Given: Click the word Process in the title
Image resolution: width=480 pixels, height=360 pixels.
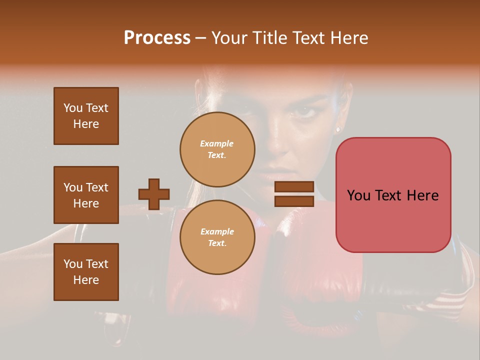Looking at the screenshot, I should [157, 38].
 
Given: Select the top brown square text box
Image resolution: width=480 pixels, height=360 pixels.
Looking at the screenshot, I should [86, 116].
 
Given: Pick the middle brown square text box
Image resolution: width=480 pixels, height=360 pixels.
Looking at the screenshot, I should [86, 195].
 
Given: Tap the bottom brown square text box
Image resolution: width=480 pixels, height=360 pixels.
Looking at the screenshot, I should [86, 271].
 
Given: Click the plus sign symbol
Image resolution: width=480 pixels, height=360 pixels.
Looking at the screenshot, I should [154, 194].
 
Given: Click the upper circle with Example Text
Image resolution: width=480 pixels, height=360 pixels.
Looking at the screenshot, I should [217, 149].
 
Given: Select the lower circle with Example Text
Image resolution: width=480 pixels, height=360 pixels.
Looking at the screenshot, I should [217, 237].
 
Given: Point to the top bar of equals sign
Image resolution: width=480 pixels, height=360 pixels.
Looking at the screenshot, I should [294, 187].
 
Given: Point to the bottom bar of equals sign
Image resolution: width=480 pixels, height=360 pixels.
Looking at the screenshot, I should [294, 201].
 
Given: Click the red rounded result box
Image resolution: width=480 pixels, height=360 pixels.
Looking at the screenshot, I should [393, 195].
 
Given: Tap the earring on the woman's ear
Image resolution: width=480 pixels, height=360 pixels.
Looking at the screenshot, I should [338, 129].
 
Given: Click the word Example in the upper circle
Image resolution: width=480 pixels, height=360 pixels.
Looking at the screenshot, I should [217, 143].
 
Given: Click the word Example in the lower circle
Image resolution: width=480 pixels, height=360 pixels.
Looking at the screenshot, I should [217, 231].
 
